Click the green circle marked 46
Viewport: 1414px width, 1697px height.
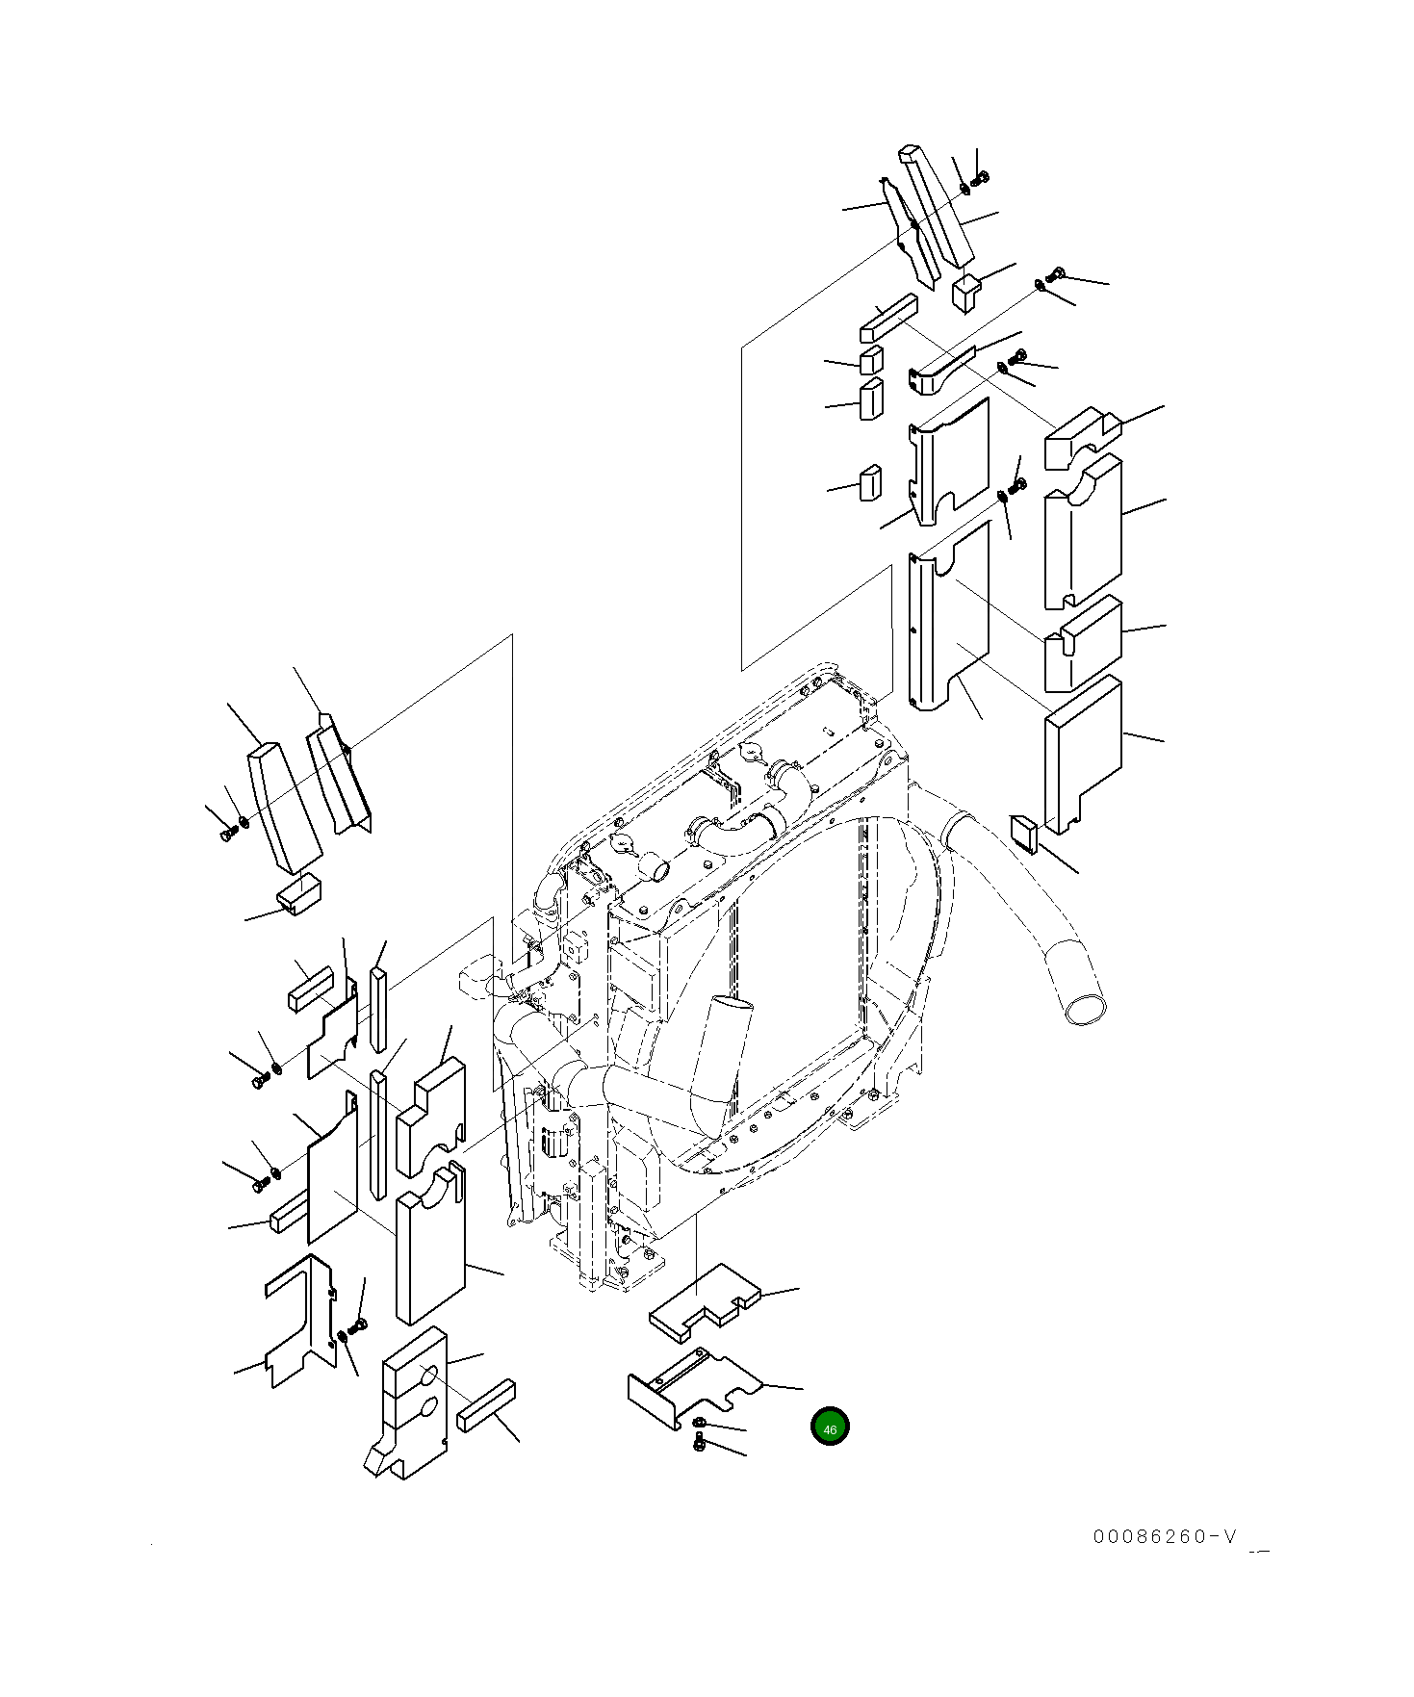pyautogui.click(x=830, y=1427)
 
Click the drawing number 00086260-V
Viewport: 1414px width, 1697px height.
pyautogui.click(x=1164, y=1563)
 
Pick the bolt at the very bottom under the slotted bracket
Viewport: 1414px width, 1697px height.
pyautogui.click(x=700, y=1441)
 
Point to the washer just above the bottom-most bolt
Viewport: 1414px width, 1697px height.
pyautogui.click(x=698, y=1422)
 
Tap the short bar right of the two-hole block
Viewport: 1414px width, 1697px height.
pyautogui.click(x=487, y=1405)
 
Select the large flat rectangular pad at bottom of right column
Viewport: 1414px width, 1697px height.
pyautogui.click(x=1083, y=754)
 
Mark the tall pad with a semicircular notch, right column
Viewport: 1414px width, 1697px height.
pyautogui.click(x=1083, y=531)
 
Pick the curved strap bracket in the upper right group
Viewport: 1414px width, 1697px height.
pyautogui.click(x=943, y=368)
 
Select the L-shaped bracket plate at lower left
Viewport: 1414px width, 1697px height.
pyautogui.click(x=298, y=1319)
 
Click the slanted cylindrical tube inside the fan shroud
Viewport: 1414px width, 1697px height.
pyautogui.click(x=723, y=1054)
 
